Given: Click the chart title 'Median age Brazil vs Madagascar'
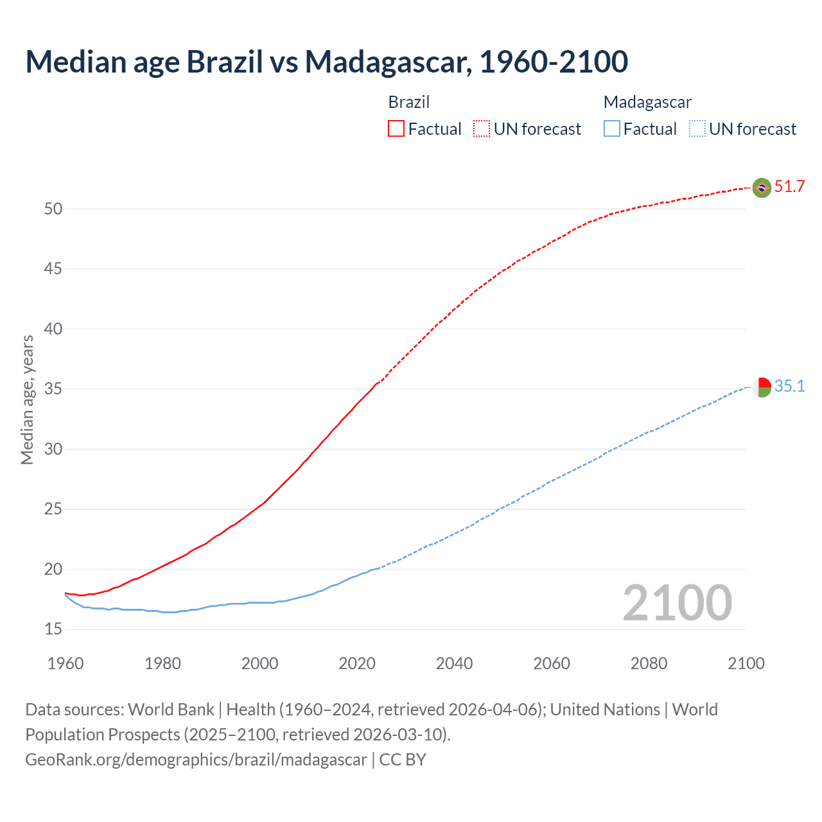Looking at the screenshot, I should (x=326, y=62).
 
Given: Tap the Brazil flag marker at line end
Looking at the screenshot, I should (x=762, y=188).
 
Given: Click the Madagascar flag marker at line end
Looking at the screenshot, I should (x=762, y=387).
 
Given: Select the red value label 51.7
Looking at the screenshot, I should (x=789, y=187).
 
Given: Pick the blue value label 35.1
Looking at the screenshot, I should (x=789, y=386).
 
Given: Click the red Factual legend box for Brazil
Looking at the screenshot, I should (x=396, y=129).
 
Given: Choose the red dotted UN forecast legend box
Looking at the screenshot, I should (x=482, y=129).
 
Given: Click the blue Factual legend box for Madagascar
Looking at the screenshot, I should (x=612, y=129).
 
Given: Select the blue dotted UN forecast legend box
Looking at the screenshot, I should (x=697, y=129).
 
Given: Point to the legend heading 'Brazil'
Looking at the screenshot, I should (x=409, y=102).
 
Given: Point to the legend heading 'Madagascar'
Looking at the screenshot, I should (x=647, y=102).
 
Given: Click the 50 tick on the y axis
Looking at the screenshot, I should (x=53, y=209).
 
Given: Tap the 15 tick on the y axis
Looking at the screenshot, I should (x=53, y=629).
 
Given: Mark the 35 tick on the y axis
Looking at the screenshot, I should (x=53, y=389).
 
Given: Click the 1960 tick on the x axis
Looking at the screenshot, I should (x=66, y=663).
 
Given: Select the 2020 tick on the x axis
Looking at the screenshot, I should (x=357, y=663).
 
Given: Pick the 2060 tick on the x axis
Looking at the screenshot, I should (x=552, y=663).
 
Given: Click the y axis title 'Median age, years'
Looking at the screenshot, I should (x=27, y=399).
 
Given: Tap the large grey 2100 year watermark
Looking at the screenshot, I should (x=678, y=603).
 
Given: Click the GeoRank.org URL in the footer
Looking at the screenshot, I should (x=196, y=760).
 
